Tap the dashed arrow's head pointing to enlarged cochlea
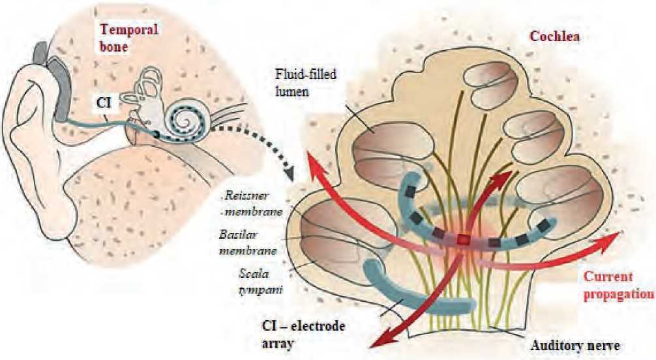288,175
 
